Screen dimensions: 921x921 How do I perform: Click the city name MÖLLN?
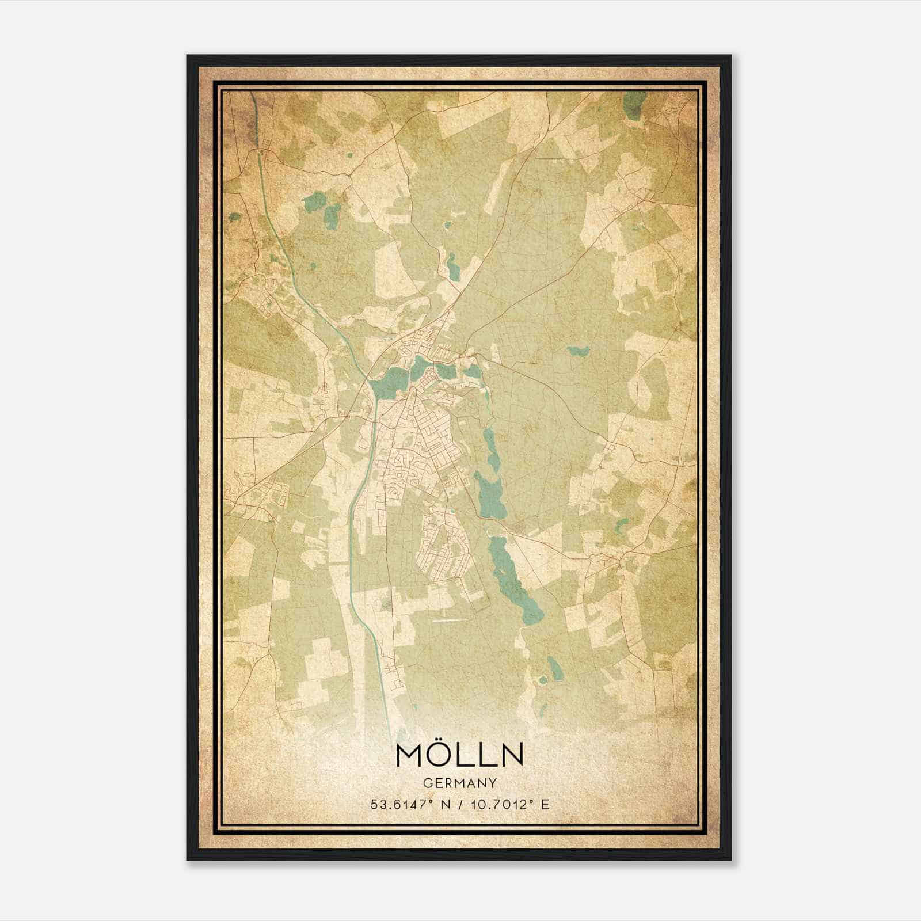tap(459, 755)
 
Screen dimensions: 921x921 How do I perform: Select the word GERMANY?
tap(459, 783)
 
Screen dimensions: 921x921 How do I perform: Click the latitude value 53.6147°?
tap(401, 804)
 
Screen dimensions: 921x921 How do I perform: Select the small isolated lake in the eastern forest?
tap(576, 350)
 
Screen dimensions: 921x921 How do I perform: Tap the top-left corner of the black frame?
tap(188, 56)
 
